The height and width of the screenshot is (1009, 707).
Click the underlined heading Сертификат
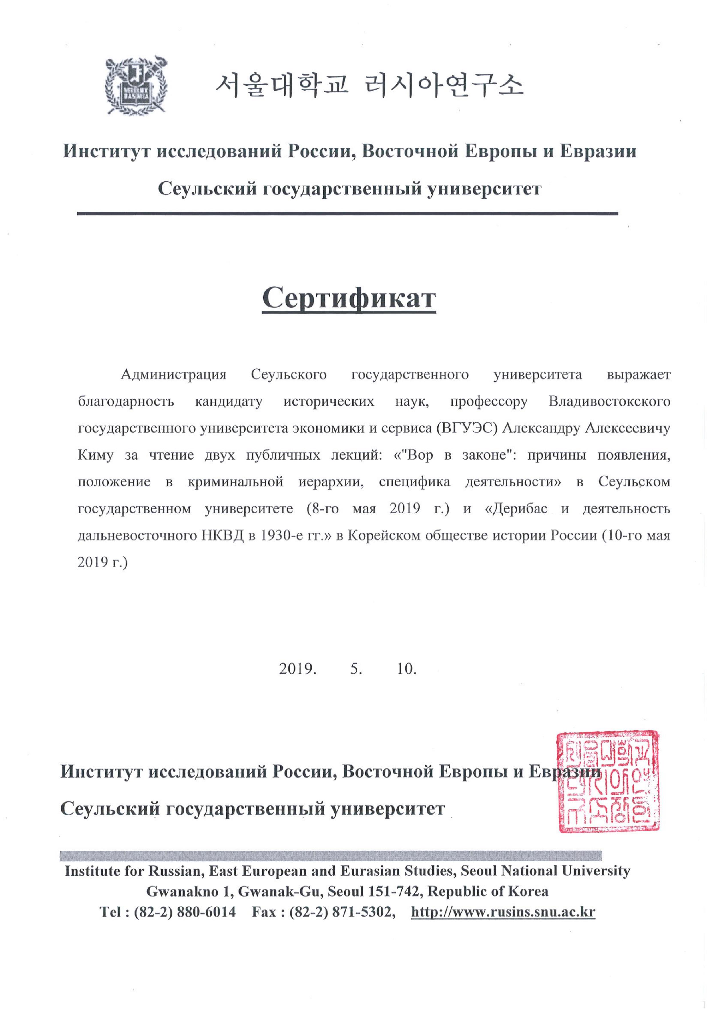348,298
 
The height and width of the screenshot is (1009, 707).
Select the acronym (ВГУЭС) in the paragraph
466,428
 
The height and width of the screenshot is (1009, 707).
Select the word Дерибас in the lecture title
520,509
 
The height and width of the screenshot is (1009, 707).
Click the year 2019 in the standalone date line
297,668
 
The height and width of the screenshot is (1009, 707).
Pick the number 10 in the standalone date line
406,668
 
